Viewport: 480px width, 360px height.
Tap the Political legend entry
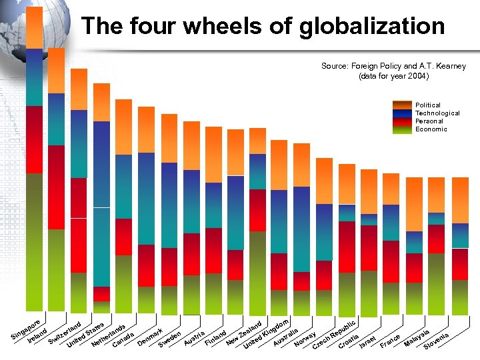pyautogui.click(x=427, y=105)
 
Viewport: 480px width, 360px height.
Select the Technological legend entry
pyautogui.click(x=437, y=113)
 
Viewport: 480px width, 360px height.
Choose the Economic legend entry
pyautogui.click(x=431, y=129)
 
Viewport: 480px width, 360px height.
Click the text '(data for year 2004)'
pyautogui.click(x=393, y=76)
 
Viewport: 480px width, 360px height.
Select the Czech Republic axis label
pyautogui.click(x=336, y=334)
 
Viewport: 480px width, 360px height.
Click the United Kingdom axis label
pyautogui.click(x=266, y=334)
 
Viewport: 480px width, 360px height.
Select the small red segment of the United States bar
pyautogui.click(x=101, y=294)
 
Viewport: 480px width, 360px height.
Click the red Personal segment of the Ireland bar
pyautogui.click(x=56, y=187)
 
